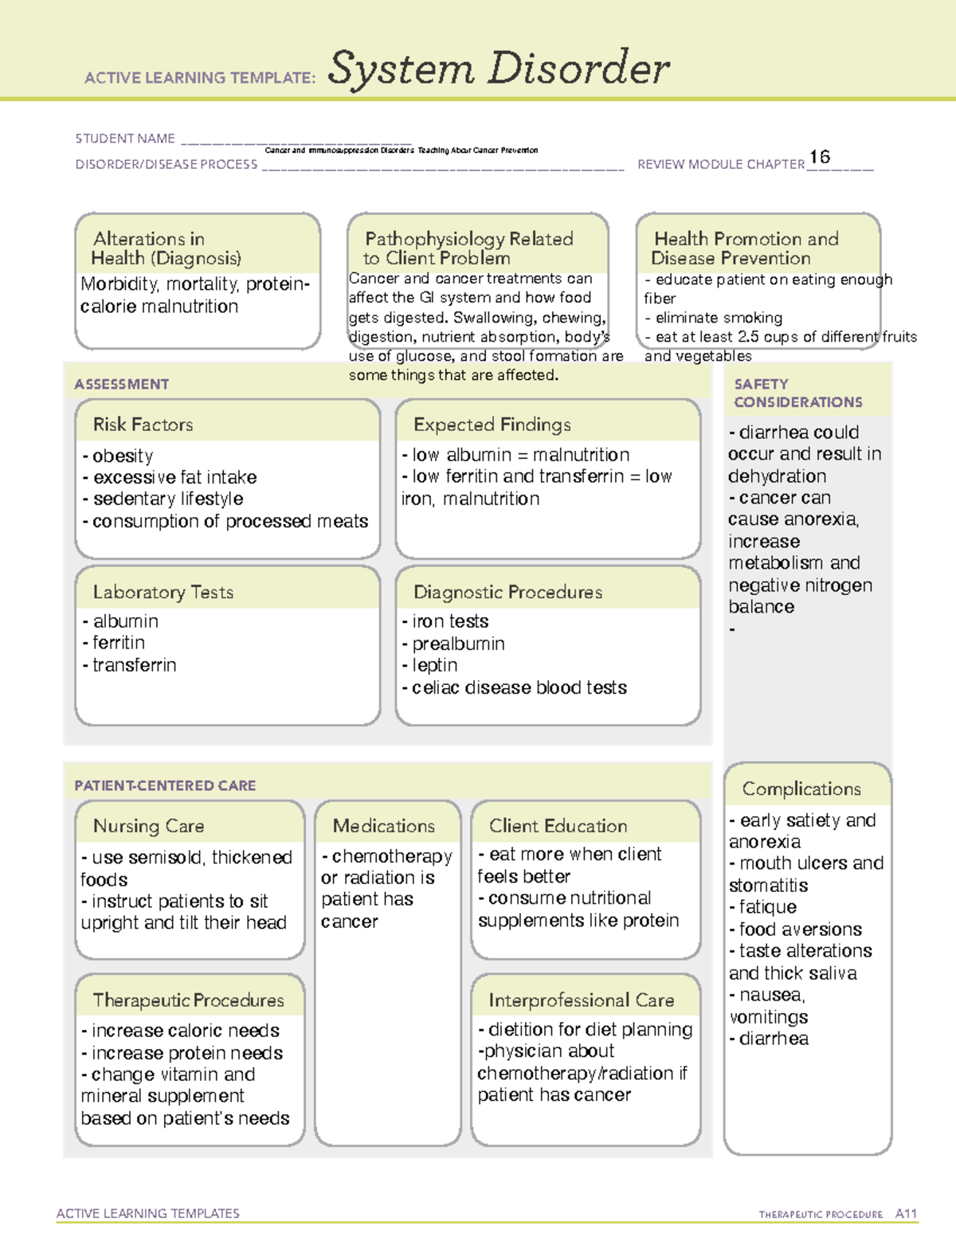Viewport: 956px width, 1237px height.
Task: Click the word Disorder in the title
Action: (579, 69)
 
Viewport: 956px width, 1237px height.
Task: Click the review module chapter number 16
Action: (820, 157)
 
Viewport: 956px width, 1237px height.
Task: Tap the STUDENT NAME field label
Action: (125, 139)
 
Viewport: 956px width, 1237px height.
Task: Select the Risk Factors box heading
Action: (143, 425)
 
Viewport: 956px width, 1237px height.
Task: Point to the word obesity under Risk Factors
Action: (123, 456)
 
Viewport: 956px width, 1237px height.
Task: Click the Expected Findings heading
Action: (492, 425)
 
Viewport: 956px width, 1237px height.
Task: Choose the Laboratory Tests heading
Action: (163, 592)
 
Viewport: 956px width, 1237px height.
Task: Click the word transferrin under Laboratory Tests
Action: (135, 665)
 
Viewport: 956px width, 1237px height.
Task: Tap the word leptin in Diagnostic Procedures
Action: (435, 665)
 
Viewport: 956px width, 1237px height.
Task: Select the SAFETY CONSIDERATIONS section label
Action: (798, 393)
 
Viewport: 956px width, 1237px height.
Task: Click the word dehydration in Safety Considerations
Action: (777, 476)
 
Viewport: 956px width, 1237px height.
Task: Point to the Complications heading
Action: (801, 789)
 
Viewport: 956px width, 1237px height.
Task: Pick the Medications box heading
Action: (384, 826)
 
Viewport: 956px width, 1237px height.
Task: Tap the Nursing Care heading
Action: (149, 826)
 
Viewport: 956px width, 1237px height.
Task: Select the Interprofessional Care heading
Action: (582, 1000)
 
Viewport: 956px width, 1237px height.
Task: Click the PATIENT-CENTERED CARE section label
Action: (166, 785)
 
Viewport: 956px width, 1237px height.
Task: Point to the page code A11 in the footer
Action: (906, 1214)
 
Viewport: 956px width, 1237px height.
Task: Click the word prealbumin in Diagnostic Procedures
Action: (458, 644)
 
